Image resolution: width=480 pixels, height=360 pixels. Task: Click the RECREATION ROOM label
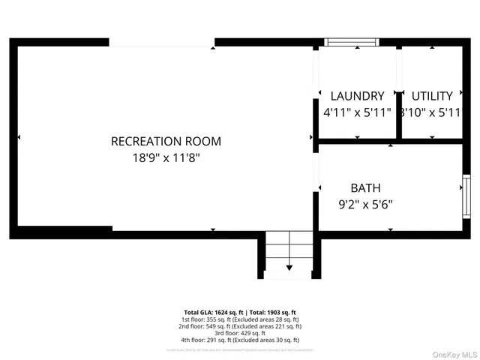click(166, 141)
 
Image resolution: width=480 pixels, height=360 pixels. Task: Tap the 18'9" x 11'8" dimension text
click(166, 158)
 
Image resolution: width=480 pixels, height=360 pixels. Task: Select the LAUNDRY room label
click(358, 96)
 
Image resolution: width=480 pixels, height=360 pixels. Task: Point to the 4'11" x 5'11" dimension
click(357, 113)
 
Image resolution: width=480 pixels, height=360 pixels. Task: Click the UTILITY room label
click(432, 96)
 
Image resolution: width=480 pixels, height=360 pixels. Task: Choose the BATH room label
click(365, 187)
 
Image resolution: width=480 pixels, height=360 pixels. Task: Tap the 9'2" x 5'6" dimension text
click(366, 204)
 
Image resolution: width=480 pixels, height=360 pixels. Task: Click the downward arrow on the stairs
click(289, 267)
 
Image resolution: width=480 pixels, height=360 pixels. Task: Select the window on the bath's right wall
click(465, 196)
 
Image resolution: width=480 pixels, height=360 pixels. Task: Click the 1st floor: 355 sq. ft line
click(240, 319)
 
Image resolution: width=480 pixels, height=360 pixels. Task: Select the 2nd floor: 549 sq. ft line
click(240, 326)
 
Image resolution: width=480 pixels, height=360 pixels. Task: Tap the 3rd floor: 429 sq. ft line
click(240, 333)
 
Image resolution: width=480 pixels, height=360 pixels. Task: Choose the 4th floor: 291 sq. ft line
click(240, 340)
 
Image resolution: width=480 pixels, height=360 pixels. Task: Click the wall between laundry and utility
click(399, 94)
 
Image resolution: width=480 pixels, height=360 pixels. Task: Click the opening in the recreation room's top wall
click(162, 43)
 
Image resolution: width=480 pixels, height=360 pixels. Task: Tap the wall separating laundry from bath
click(356, 141)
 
